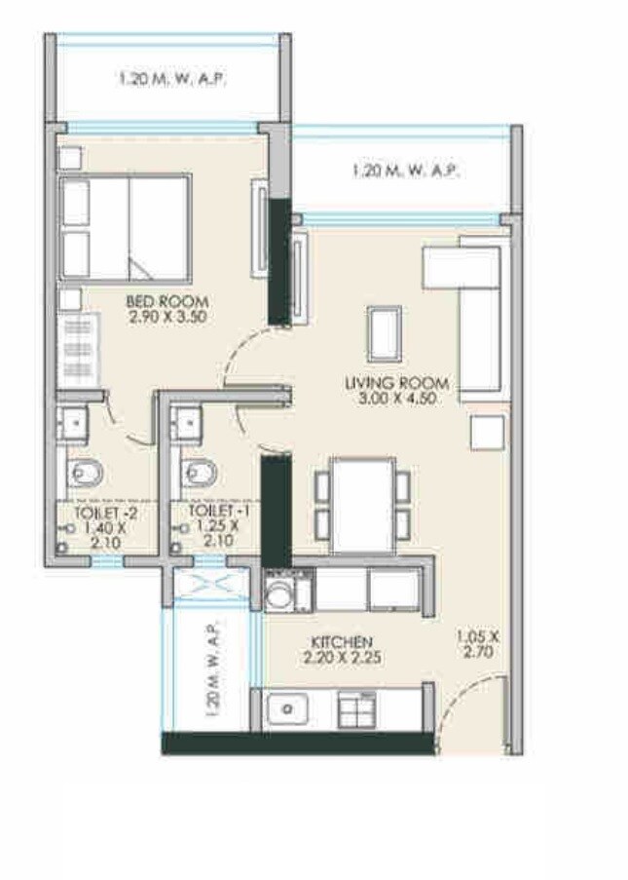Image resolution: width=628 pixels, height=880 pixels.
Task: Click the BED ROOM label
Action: click(166, 301)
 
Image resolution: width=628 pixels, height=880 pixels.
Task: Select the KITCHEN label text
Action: click(341, 642)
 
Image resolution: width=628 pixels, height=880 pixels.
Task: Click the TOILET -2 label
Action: click(100, 511)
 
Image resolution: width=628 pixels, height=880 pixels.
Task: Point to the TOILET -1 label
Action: click(213, 511)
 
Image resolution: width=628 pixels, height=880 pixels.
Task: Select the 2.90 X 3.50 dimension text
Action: click(166, 316)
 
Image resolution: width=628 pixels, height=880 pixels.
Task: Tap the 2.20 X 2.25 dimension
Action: click(341, 658)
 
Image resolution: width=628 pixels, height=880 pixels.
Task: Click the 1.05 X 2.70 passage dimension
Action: click(477, 645)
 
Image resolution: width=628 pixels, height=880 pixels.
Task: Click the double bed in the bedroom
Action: click(125, 227)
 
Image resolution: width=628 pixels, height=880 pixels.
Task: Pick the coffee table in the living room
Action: click(384, 334)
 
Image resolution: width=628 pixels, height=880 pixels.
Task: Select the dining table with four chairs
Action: click(362, 505)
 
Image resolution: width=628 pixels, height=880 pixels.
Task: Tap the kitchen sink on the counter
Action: click(287, 709)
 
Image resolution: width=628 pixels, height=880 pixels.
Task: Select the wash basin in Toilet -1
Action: click(186, 423)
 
